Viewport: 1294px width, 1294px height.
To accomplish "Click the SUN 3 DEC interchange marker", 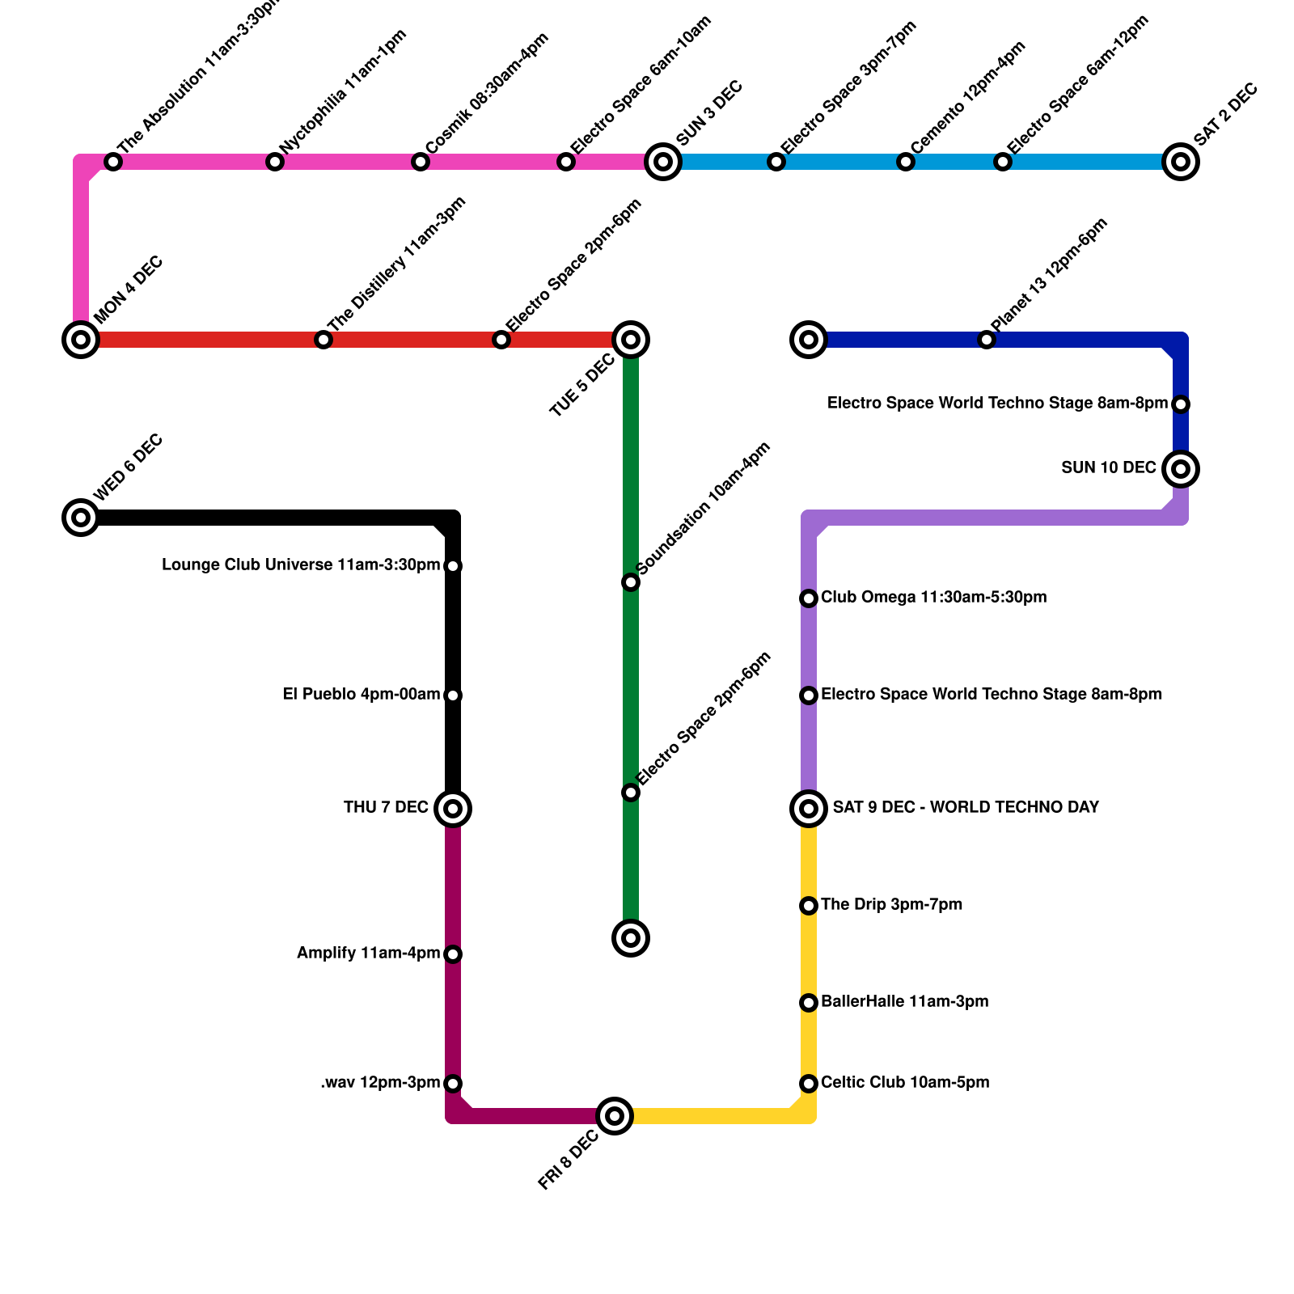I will pos(663,162).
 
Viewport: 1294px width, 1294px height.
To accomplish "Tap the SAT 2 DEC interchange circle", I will pos(1181,162).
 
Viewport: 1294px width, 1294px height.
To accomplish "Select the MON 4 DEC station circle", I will pos(81,340).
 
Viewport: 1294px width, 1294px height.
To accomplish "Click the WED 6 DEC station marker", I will pos(81,518).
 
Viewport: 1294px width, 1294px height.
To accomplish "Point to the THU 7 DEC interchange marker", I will pos(453,809).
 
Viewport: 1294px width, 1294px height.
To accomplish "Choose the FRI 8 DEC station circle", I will pos(615,1116).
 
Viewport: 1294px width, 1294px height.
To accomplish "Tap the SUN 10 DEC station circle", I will pos(1181,469).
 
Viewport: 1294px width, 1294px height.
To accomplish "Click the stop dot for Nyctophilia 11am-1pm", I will pos(275,162).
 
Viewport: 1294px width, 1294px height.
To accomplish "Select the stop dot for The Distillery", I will pos(323,340).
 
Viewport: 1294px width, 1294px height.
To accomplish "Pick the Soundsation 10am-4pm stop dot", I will pos(631,582).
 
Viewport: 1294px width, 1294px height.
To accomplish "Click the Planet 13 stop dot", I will pos(987,340).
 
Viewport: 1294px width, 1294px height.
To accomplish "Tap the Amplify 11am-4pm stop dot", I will pos(453,954).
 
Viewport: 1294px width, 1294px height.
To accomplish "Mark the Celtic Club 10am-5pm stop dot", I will pos(809,1084).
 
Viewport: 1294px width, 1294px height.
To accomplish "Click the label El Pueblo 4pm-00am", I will pos(362,695).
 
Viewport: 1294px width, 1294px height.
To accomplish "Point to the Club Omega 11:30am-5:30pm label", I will pos(933,598).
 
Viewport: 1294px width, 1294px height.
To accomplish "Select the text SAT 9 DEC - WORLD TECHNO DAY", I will pos(966,807).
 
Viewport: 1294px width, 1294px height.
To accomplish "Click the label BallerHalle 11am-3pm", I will pos(904,1002).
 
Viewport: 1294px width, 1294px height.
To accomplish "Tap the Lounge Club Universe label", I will pos(301,565).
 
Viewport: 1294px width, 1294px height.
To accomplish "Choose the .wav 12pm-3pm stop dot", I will pos(453,1084).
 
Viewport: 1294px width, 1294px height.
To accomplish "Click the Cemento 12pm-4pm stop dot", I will pos(906,162).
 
